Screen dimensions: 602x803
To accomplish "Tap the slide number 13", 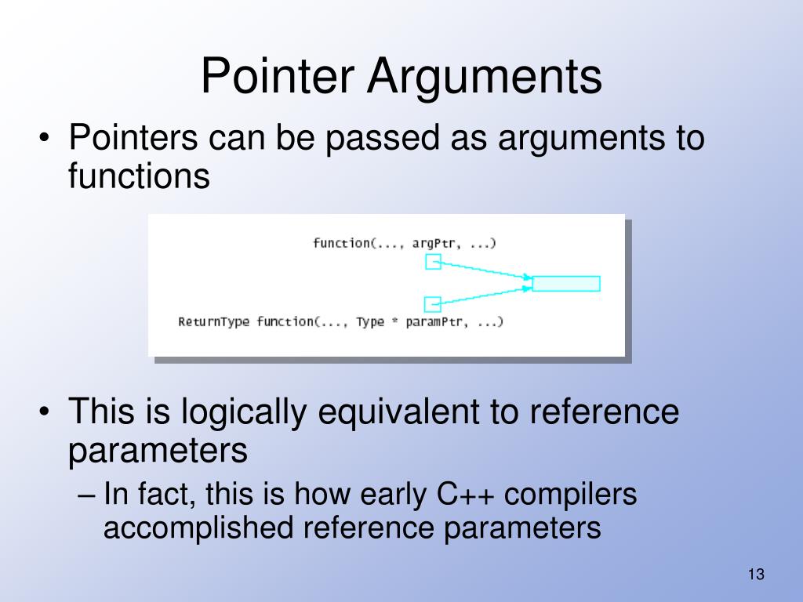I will [x=756, y=575].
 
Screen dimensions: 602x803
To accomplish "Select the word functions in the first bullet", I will [x=139, y=176].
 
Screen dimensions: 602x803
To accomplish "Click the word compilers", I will [x=571, y=495].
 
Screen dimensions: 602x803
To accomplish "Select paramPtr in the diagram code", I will [x=434, y=321].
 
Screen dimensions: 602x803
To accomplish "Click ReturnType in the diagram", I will [x=213, y=321].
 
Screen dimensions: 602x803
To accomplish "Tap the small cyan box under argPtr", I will [x=433, y=261].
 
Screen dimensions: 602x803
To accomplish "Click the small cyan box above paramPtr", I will [x=433, y=303].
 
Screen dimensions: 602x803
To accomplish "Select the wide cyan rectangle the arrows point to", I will [x=566, y=283].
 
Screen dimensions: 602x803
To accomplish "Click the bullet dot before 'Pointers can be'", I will [x=47, y=140].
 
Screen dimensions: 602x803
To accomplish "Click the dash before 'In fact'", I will [x=89, y=495].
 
